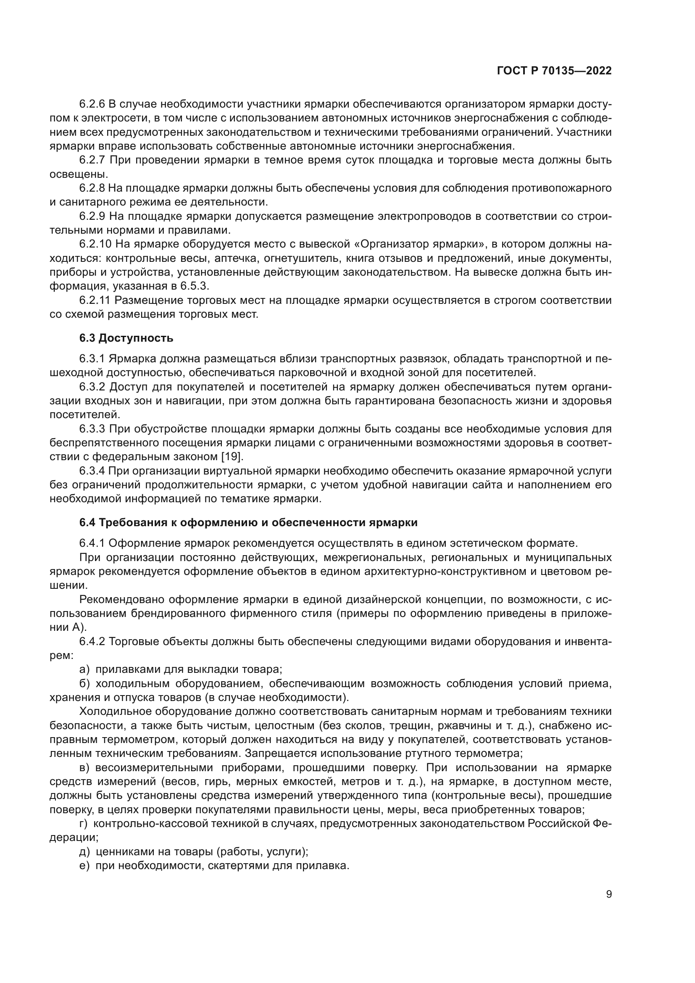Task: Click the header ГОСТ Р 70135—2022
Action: pyautogui.click(x=554, y=71)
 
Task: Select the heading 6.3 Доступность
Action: pyautogui.click(x=126, y=338)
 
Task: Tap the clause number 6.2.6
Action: pyautogui.click(x=92, y=104)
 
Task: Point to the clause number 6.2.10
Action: pyautogui.click(x=95, y=244)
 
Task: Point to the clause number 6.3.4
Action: pyautogui.click(x=92, y=471)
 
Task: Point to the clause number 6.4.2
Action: pyautogui.click(x=92, y=641)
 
